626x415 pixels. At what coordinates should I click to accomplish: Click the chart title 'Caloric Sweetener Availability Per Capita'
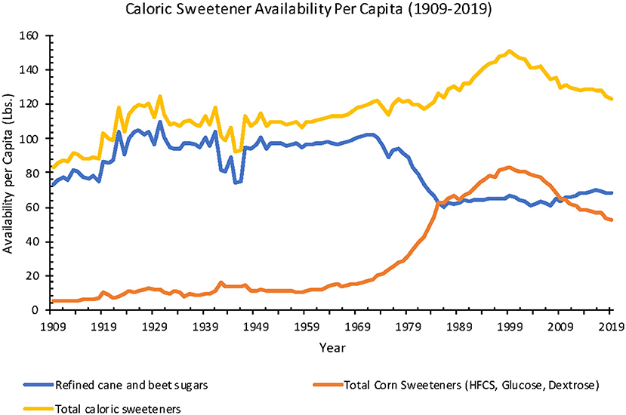pyautogui.click(x=313, y=12)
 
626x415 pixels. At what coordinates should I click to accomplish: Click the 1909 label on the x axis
pyautogui.click(x=52, y=325)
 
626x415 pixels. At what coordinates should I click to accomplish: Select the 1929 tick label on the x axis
pyautogui.click(x=154, y=325)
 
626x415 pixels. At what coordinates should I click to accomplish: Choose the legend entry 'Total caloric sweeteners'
pyautogui.click(x=113, y=408)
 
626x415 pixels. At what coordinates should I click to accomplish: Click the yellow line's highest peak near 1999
pyautogui.click(x=510, y=51)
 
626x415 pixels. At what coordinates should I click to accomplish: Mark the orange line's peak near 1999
pyautogui.click(x=510, y=167)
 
